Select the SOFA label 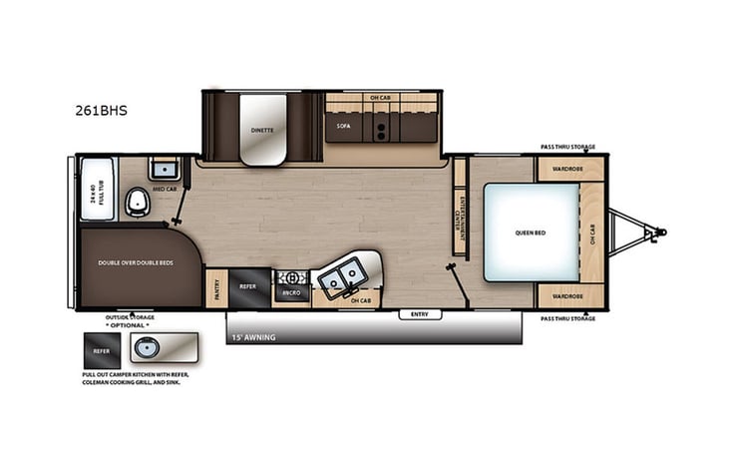pyautogui.click(x=343, y=127)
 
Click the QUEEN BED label pyautogui.click(x=530, y=232)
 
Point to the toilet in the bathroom pyautogui.click(x=138, y=205)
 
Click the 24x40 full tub pyautogui.click(x=97, y=189)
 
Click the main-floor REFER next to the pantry pyautogui.click(x=248, y=285)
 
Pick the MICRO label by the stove pyautogui.click(x=292, y=294)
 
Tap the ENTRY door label pyautogui.click(x=421, y=315)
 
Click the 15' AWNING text pyautogui.click(x=253, y=337)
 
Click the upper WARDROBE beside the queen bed pyautogui.click(x=570, y=169)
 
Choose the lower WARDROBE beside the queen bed pyautogui.click(x=570, y=295)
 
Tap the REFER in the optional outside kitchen pyautogui.click(x=101, y=350)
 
